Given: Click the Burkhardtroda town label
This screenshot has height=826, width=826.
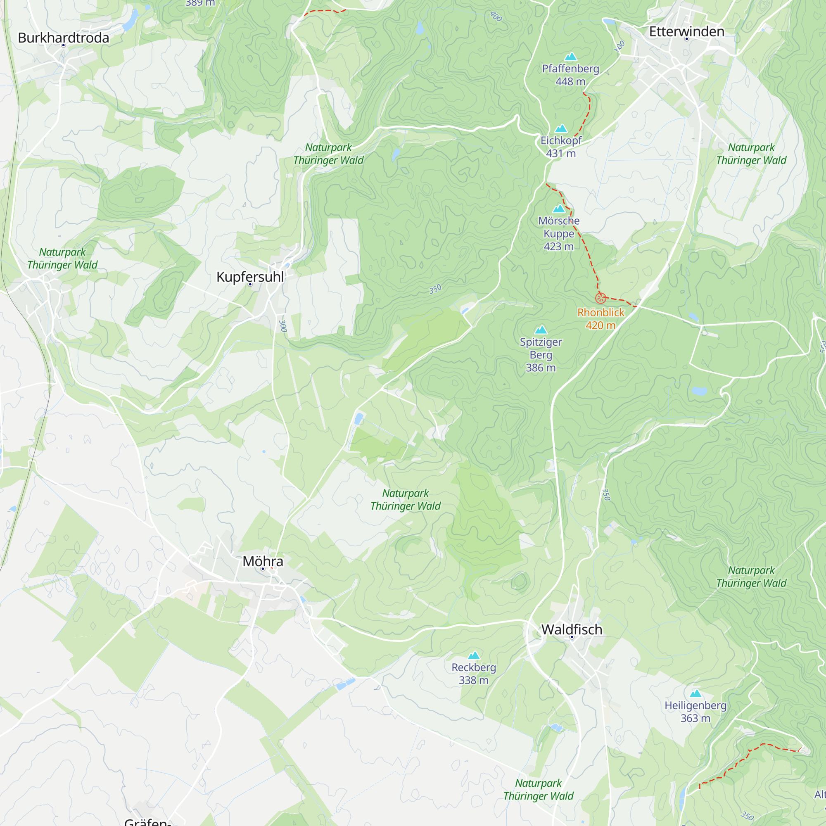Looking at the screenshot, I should pyautogui.click(x=63, y=38).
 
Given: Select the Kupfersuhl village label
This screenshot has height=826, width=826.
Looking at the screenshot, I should pyautogui.click(x=250, y=277).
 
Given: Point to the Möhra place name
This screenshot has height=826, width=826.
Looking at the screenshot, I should pyautogui.click(x=263, y=561).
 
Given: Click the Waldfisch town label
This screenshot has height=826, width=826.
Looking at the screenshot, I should pyautogui.click(x=572, y=629).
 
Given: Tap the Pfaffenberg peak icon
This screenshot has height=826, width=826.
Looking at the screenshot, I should pyautogui.click(x=570, y=57).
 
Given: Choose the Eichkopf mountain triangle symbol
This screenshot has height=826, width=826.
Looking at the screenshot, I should pyautogui.click(x=560, y=129).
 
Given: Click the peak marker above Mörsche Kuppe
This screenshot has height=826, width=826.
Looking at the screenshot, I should pyautogui.click(x=559, y=209).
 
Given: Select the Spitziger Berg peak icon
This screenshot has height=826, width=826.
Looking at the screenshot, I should pyautogui.click(x=541, y=330).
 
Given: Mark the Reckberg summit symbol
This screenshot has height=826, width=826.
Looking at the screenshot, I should pyautogui.click(x=473, y=655).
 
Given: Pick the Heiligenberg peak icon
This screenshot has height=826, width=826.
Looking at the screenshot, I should pyautogui.click(x=695, y=693).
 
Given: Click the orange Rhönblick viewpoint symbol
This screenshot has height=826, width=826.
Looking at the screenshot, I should pyautogui.click(x=600, y=299).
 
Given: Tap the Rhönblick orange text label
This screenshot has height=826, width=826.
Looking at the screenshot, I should pyautogui.click(x=600, y=313).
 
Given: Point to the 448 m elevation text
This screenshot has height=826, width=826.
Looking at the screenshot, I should pyautogui.click(x=570, y=81).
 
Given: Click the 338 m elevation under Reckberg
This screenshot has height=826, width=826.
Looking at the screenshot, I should pyautogui.click(x=473, y=680).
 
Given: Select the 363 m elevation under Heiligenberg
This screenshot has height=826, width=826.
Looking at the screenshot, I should pyautogui.click(x=695, y=718).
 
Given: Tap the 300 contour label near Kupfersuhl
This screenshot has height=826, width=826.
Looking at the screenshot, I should pyautogui.click(x=282, y=326).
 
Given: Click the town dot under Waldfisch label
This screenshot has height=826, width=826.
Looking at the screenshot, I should pyautogui.click(x=572, y=637).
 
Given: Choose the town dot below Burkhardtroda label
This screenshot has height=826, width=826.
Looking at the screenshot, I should pyautogui.click(x=63, y=45).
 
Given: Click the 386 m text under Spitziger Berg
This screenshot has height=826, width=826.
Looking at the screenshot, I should pyautogui.click(x=541, y=368).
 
